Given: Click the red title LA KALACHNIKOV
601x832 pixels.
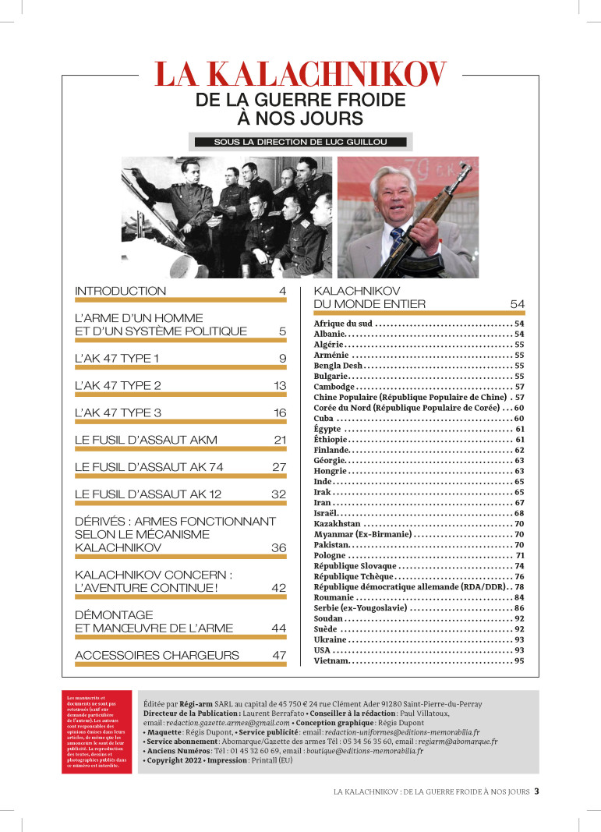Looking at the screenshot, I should click(x=300, y=75).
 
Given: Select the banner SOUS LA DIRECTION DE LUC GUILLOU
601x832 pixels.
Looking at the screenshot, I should click(x=300, y=142).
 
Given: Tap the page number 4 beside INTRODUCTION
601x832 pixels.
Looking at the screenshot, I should click(x=283, y=292).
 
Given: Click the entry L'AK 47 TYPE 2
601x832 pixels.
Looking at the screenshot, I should click(x=118, y=386).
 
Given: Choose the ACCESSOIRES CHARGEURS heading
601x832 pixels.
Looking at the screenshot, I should click(x=157, y=656).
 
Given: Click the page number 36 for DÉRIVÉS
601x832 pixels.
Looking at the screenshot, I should click(x=279, y=548).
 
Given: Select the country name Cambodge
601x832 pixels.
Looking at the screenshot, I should click(x=334, y=387).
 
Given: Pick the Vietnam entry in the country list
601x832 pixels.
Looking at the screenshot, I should click(x=331, y=661).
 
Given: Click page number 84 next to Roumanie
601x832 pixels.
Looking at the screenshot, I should click(x=518, y=597).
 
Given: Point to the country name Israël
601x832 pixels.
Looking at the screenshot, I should click(x=328, y=513).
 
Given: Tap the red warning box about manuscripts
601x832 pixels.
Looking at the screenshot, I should click(x=97, y=731).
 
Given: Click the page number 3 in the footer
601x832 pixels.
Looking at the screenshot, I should click(x=536, y=791).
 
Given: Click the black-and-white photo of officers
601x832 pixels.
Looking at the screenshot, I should click(x=226, y=218).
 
